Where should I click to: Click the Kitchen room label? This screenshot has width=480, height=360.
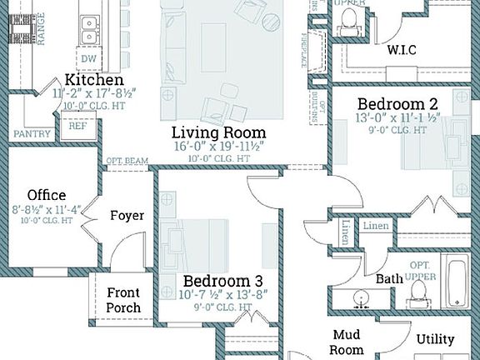click(x=88, y=80)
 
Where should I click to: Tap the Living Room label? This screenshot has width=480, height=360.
click(x=218, y=132)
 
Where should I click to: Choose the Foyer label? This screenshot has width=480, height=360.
click(x=127, y=215)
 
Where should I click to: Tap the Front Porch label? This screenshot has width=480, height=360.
click(x=123, y=300)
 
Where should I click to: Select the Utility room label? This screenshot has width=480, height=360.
click(x=435, y=339)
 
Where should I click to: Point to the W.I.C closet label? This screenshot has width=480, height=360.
click(x=401, y=50)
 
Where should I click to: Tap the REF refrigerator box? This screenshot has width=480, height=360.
click(x=77, y=127)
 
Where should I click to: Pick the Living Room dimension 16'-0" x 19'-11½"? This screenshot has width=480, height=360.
click(x=218, y=146)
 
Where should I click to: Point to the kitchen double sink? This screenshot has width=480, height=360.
click(x=88, y=30)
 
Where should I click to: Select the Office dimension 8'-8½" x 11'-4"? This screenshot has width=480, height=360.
click(x=45, y=210)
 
